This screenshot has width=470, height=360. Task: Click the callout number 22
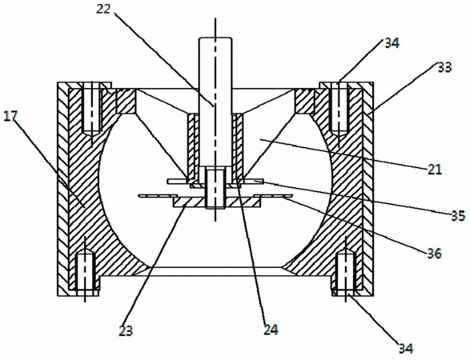click(x=103, y=9)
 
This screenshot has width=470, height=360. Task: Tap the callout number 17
click(x=10, y=116)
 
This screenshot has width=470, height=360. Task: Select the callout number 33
click(x=444, y=68)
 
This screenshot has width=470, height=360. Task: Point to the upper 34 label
click(x=392, y=43)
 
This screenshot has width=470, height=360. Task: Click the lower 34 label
click(x=406, y=348)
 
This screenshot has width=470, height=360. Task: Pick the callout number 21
click(x=435, y=170)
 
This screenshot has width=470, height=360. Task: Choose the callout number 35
click(x=458, y=216)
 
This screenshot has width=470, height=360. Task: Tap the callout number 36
click(x=435, y=254)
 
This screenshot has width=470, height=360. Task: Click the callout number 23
click(x=126, y=330)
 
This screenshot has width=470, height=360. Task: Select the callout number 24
click(x=271, y=330)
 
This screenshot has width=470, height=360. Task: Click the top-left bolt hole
click(x=93, y=109)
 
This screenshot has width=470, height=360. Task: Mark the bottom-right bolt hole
click(x=346, y=272)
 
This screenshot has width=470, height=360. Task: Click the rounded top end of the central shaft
click(x=215, y=39)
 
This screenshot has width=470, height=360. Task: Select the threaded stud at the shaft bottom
click(x=215, y=188)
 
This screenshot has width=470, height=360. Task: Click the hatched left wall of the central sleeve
click(x=193, y=148)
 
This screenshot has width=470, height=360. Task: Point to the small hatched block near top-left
click(x=127, y=102)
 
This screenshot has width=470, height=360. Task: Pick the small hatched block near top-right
click(x=305, y=102)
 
